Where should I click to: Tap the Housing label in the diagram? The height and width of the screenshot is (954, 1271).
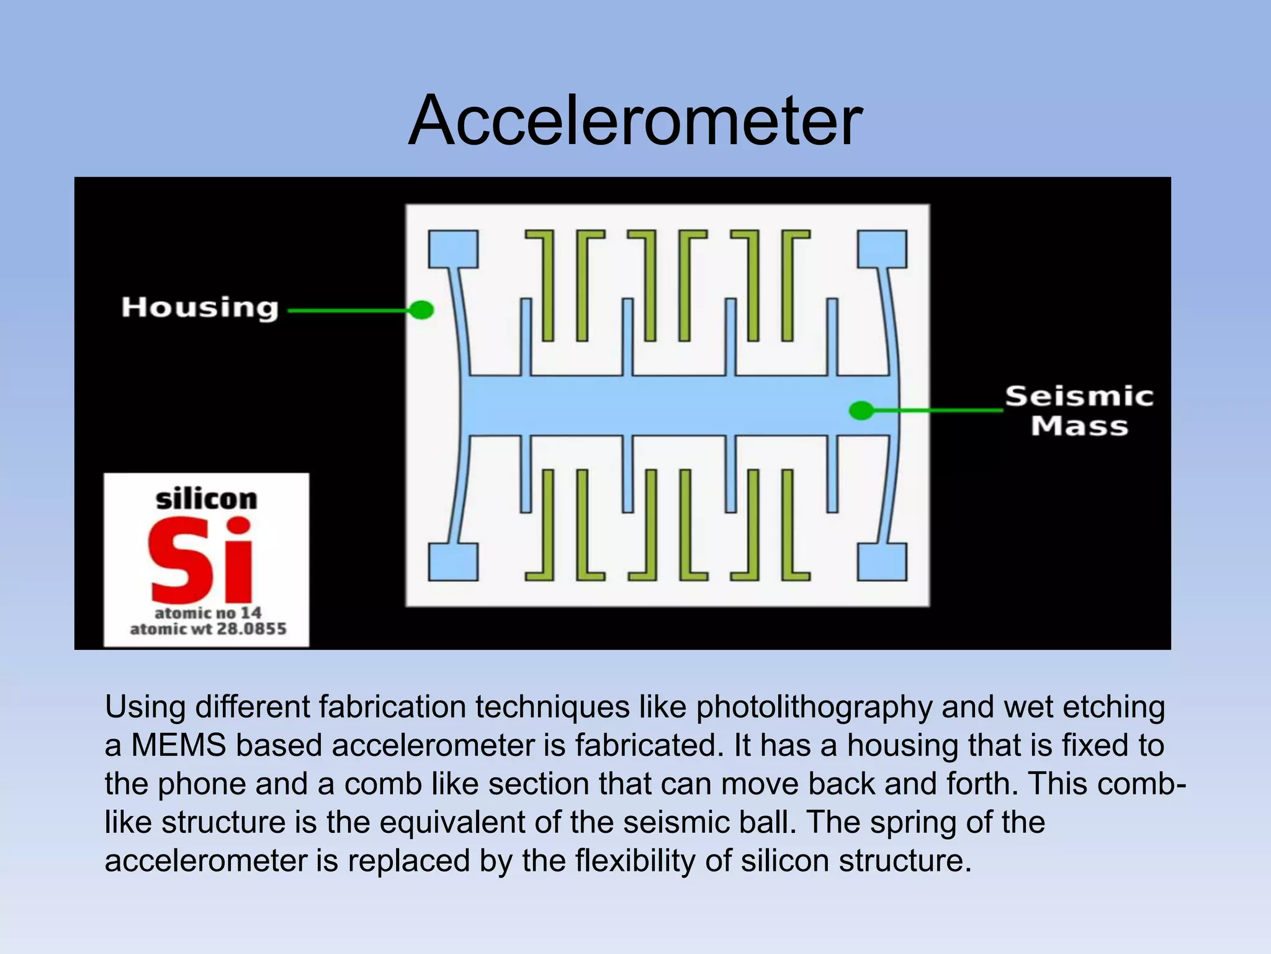(200, 308)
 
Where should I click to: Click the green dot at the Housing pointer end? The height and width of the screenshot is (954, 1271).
(422, 309)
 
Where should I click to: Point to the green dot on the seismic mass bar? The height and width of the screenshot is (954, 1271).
(861, 410)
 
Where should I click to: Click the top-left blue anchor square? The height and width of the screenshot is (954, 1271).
(453, 248)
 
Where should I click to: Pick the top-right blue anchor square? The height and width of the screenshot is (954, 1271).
(882, 248)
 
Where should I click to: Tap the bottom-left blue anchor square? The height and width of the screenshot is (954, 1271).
(453, 562)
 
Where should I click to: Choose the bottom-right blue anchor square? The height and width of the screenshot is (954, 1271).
(882, 562)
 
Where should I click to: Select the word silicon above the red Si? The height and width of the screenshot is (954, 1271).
(206, 499)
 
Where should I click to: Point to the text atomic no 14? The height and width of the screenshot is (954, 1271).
(208, 613)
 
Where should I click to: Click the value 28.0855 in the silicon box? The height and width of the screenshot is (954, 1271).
(251, 629)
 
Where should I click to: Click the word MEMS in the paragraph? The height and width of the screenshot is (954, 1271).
(179, 745)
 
